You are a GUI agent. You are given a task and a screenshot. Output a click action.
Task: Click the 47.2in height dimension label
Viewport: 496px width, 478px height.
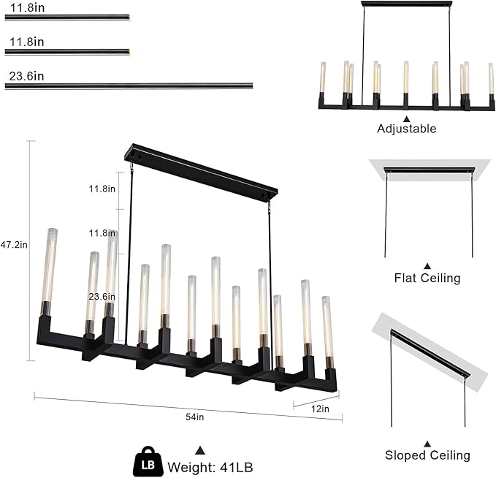[x=14, y=245]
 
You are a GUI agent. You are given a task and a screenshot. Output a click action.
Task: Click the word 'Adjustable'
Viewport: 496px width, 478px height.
[x=407, y=129]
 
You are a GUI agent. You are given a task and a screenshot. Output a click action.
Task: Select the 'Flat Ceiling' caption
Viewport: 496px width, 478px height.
[x=427, y=278]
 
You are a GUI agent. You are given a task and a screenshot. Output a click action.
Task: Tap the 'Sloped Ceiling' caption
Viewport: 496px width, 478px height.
[x=427, y=455]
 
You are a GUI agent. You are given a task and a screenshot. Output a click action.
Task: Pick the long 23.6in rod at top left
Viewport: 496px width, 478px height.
[x=129, y=86]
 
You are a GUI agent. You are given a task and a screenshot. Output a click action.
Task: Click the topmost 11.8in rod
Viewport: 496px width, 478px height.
[x=67, y=17]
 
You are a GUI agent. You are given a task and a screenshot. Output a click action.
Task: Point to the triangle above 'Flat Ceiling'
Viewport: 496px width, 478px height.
[x=427, y=267]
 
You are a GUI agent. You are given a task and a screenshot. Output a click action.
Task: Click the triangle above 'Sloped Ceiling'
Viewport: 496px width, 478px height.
[x=427, y=444]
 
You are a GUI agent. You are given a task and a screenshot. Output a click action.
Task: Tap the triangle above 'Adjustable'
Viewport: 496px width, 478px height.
[x=407, y=118]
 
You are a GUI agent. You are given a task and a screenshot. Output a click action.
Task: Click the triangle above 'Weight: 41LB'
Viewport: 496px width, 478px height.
[x=198, y=449]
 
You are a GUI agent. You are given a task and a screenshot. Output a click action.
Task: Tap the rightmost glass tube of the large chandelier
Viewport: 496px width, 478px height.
[x=327, y=326]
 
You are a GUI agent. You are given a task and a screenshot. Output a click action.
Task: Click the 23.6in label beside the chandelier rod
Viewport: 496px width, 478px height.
[x=102, y=297]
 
